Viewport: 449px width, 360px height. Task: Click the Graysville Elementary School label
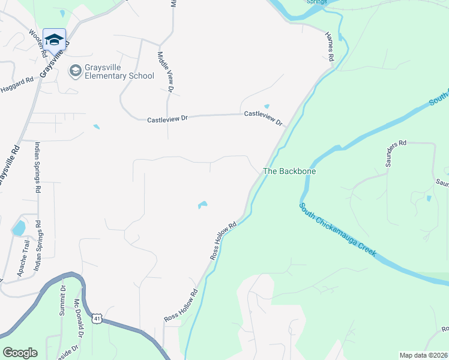(119, 72)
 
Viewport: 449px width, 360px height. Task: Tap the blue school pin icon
(54, 40)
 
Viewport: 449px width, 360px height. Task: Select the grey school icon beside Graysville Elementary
(75, 71)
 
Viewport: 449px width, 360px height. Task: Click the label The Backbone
(289, 171)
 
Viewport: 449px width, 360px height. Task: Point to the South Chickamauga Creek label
(338, 230)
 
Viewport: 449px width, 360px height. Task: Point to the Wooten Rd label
(38, 43)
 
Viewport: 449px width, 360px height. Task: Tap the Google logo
(20, 353)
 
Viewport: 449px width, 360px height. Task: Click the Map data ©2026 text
(423, 355)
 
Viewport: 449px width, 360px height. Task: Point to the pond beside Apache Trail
(19, 228)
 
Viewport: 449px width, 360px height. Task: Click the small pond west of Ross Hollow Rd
(203, 205)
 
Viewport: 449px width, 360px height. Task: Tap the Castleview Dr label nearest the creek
(264, 118)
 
